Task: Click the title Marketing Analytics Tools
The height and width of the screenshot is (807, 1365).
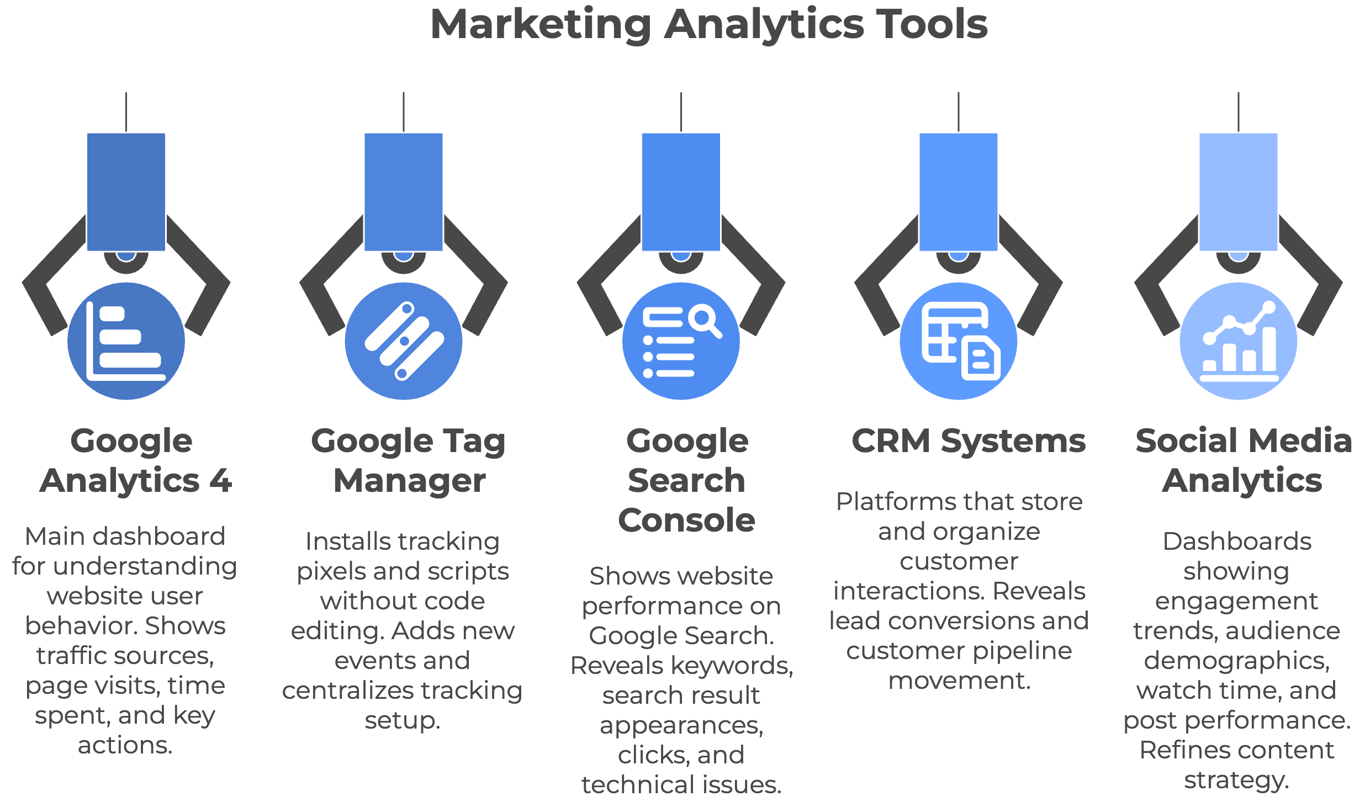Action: coord(709,25)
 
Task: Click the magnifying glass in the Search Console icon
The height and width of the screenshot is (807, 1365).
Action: coord(705,321)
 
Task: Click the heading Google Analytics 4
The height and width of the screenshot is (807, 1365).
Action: coord(136,460)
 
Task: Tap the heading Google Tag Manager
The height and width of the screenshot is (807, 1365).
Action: coord(409,460)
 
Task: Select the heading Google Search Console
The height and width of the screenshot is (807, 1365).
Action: coord(687,480)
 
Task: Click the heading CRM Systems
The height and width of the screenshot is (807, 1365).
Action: coord(969,441)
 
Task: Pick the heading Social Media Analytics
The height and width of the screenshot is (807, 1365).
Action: coord(1244,460)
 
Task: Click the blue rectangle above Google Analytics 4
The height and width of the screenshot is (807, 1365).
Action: coord(126,192)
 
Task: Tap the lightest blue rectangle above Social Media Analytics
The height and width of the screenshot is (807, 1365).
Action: coord(1239,192)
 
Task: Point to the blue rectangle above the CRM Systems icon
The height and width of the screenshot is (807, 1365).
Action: coord(959,192)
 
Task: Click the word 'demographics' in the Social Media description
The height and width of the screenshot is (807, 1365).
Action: coord(1237,661)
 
